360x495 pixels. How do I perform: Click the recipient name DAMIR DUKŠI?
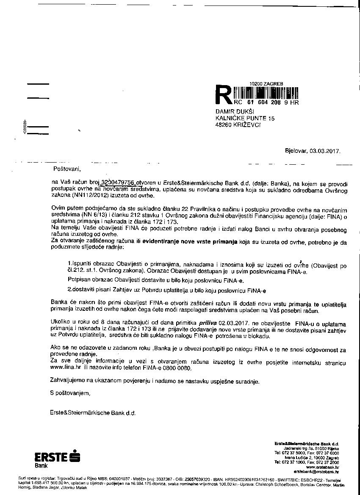235,111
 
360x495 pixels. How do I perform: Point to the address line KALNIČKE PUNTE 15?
245,118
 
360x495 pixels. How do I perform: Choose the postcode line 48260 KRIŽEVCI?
238,125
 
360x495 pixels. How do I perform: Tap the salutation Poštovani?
66,169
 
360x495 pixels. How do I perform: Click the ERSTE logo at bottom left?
57,458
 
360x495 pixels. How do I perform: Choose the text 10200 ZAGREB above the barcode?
263,84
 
